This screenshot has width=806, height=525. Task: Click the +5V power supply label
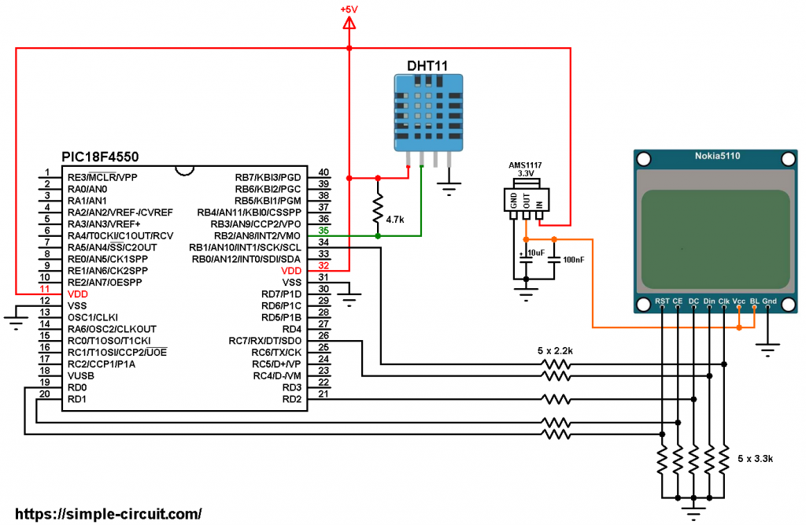(349, 9)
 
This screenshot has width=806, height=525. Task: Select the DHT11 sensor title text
(427, 65)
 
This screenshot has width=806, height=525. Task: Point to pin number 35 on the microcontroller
(323, 231)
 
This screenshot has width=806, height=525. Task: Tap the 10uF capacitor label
(535, 253)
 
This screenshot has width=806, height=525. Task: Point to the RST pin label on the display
(663, 301)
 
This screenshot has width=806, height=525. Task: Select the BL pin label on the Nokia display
(754, 301)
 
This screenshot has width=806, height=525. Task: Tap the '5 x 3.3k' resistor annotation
(756, 457)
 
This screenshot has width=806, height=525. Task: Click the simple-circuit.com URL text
(109, 513)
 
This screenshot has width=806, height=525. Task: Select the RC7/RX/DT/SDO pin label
(265, 340)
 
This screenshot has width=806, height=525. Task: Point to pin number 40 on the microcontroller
(323, 172)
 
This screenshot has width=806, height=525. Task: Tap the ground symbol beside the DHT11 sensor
(449, 187)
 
